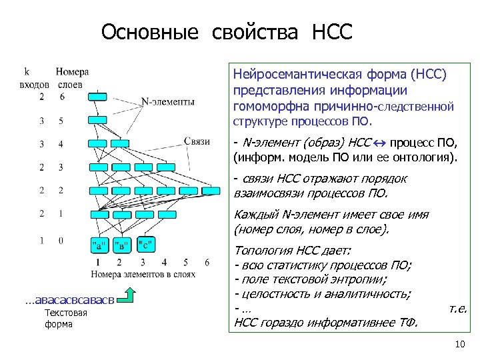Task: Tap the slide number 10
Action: tap(458, 344)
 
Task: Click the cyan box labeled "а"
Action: tap(99, 245)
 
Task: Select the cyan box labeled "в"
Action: tap(123, 245)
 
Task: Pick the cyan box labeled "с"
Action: tap(146, 245)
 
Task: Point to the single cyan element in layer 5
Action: tap(97, 121)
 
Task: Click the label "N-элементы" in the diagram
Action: tap(168, 102)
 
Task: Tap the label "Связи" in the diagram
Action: tap(197, 141)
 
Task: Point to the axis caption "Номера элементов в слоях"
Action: tap(144, 273)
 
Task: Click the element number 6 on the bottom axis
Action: tap(207, 262)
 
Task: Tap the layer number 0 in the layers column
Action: tap(61, 241)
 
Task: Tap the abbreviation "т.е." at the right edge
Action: tap(458, 309)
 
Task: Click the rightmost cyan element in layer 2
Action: tap(211, 191)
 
